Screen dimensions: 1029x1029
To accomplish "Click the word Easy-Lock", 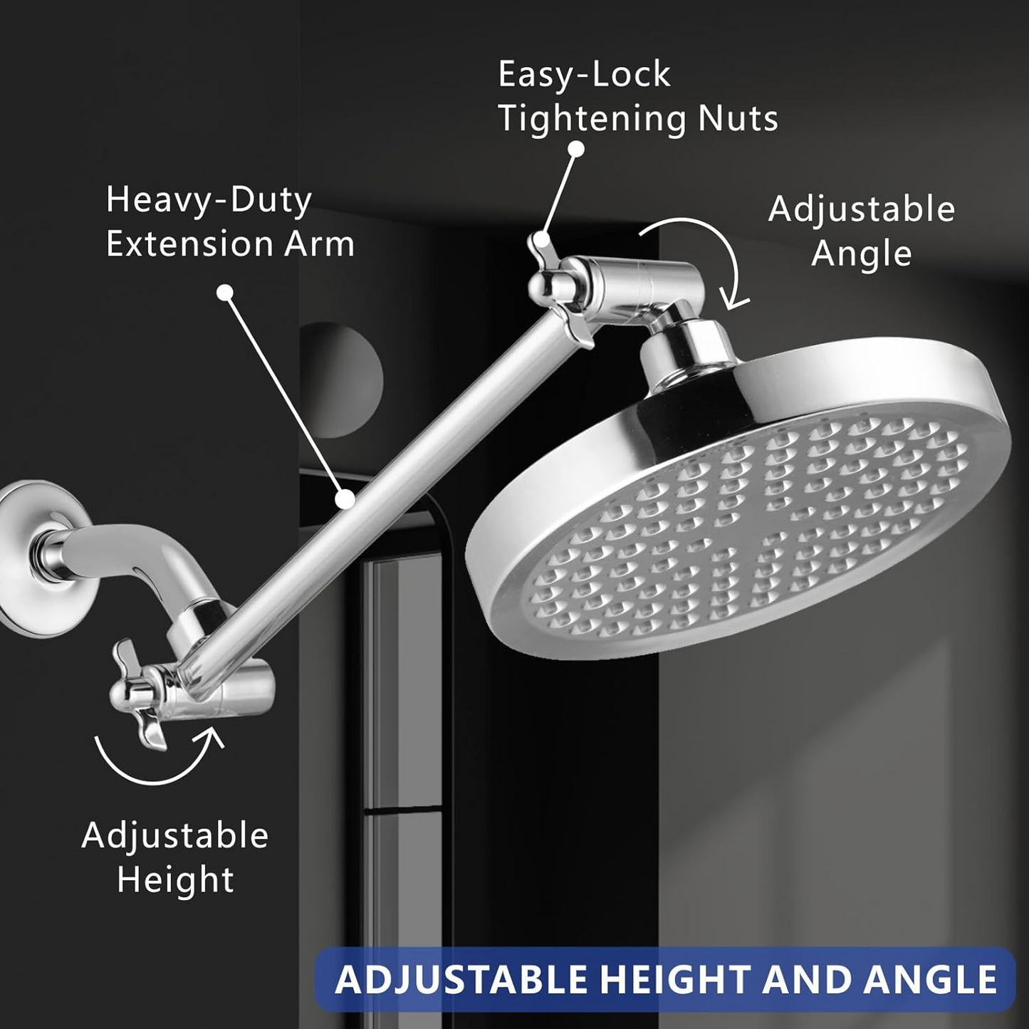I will tap(584, 75).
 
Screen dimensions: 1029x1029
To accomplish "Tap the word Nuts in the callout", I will tap(738, 118).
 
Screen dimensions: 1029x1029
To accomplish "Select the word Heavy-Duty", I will tap(209, 201).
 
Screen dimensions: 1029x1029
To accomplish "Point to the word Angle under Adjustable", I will tap(861, 254).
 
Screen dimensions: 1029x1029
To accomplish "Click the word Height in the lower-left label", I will tap(175, 880).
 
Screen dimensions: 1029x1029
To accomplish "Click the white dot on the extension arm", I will tap(345, 499).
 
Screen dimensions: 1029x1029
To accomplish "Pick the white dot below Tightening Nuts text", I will tap(577, 149).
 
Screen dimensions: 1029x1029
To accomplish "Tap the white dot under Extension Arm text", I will tap(225, 293).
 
